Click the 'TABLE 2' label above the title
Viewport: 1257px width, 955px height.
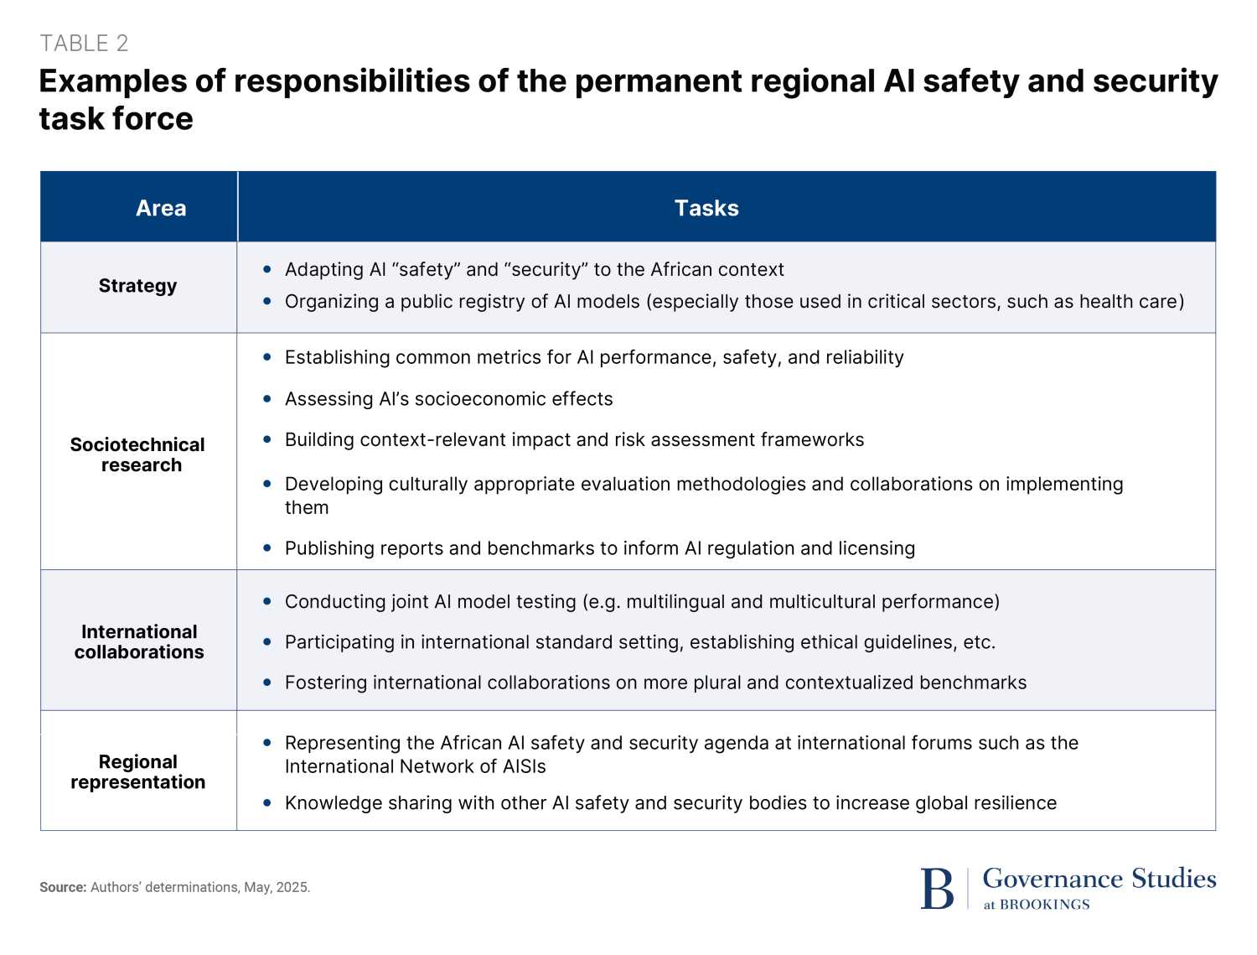[84, 44]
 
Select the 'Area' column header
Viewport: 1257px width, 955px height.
[161, 208]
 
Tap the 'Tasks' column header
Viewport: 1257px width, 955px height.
[706, 208]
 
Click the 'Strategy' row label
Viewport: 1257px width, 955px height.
[137, 286]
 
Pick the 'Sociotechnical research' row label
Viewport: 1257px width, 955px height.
[137, 454]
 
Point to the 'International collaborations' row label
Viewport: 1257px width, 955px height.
[139, 641]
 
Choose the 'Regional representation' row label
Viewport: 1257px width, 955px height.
[137, 771]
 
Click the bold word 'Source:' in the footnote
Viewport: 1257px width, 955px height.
[63, 887]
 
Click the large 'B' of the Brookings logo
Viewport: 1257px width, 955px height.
[937, 889]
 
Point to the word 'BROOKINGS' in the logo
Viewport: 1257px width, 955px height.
[1045, 905]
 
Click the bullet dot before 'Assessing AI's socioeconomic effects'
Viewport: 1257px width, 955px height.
[267, 399]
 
